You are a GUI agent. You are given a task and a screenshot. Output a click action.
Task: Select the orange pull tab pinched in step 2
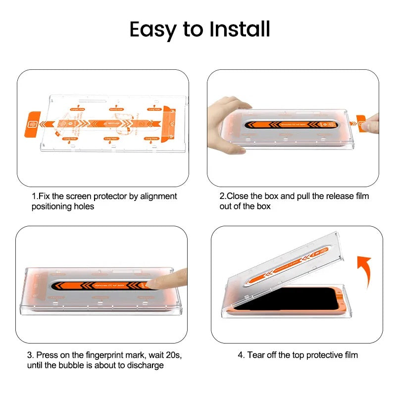tap(363, 121)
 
